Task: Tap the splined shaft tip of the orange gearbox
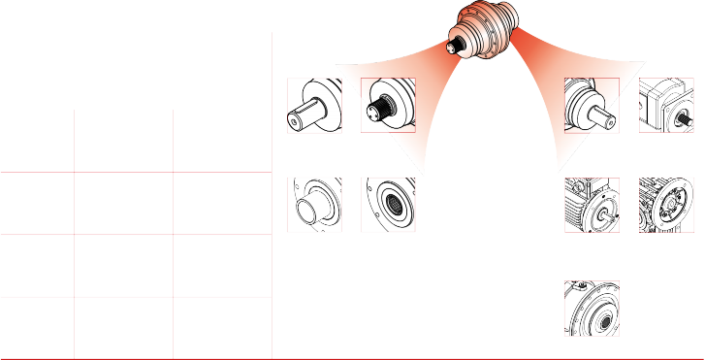pos(452,44)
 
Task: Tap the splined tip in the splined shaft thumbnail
pos(369,109)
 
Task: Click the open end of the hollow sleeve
pos(311,211)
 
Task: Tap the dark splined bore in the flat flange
pos(396,206)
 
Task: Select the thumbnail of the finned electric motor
pos(592,204)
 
